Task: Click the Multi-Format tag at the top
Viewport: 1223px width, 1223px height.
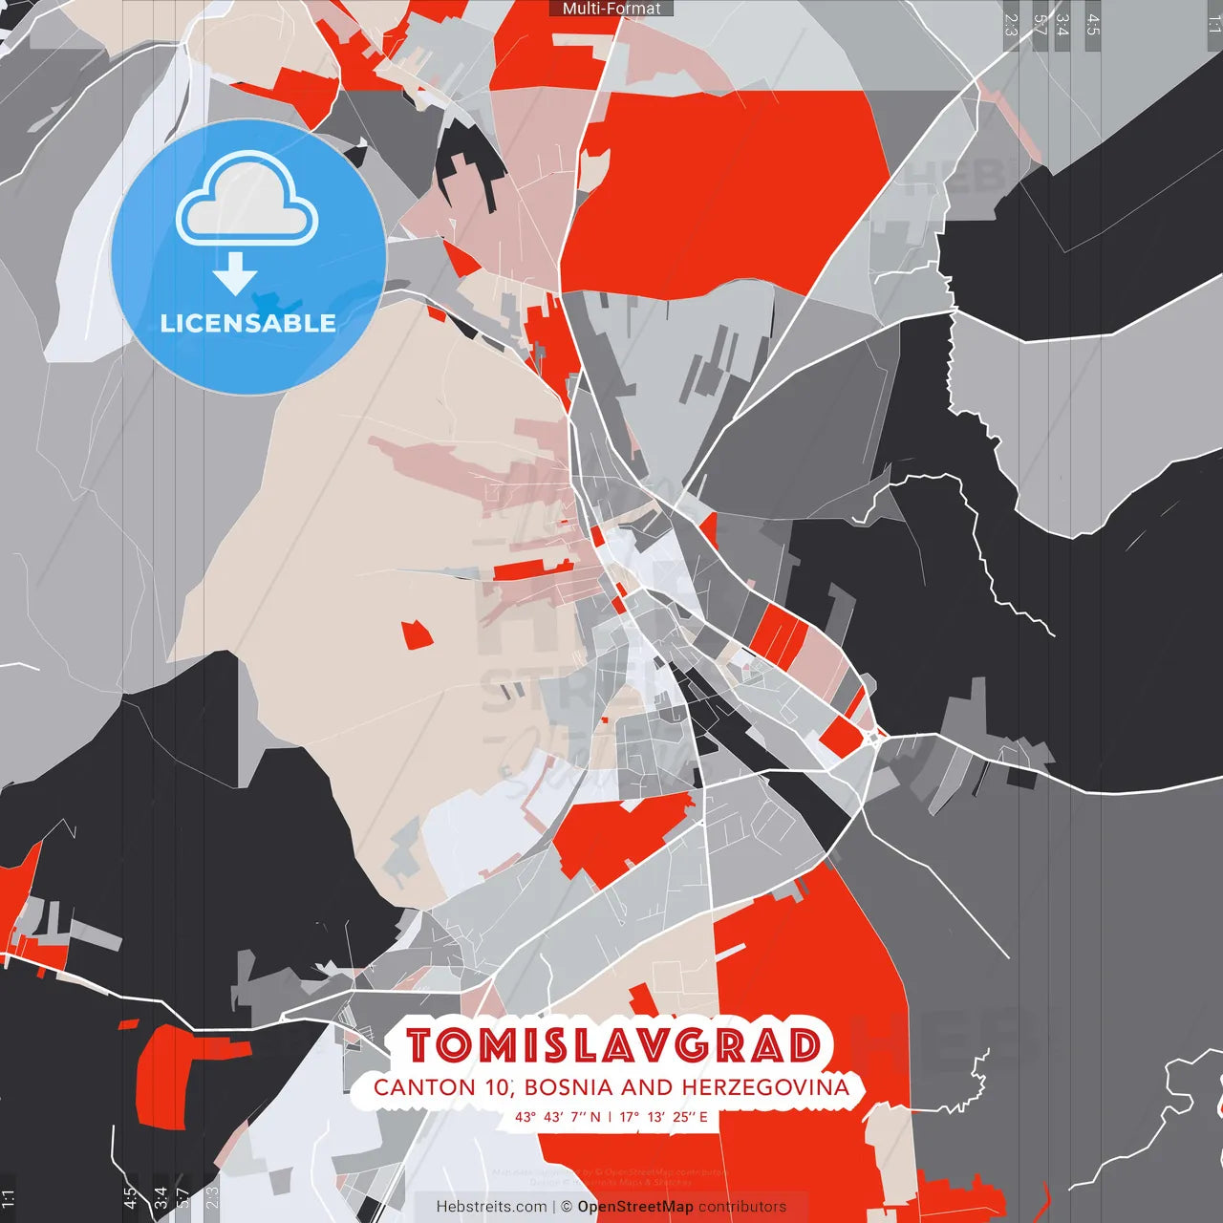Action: pos(611,9)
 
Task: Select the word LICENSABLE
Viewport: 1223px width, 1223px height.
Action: pos(247,323)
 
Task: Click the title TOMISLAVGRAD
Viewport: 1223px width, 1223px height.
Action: pos(612,1046)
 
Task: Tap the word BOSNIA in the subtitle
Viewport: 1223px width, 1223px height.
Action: pos(568,1087)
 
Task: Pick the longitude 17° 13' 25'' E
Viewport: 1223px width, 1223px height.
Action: pos(664,1117)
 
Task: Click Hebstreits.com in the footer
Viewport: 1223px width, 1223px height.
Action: pos(491,1207)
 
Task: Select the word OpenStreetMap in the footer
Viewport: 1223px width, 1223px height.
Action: pos(634,1207)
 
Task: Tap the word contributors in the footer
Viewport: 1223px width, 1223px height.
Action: pos(742,1207)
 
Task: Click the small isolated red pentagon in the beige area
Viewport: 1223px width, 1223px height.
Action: pos(417,634)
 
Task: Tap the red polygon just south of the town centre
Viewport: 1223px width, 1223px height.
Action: pos(616,836)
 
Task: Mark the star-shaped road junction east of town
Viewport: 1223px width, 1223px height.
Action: pos(874,738)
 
